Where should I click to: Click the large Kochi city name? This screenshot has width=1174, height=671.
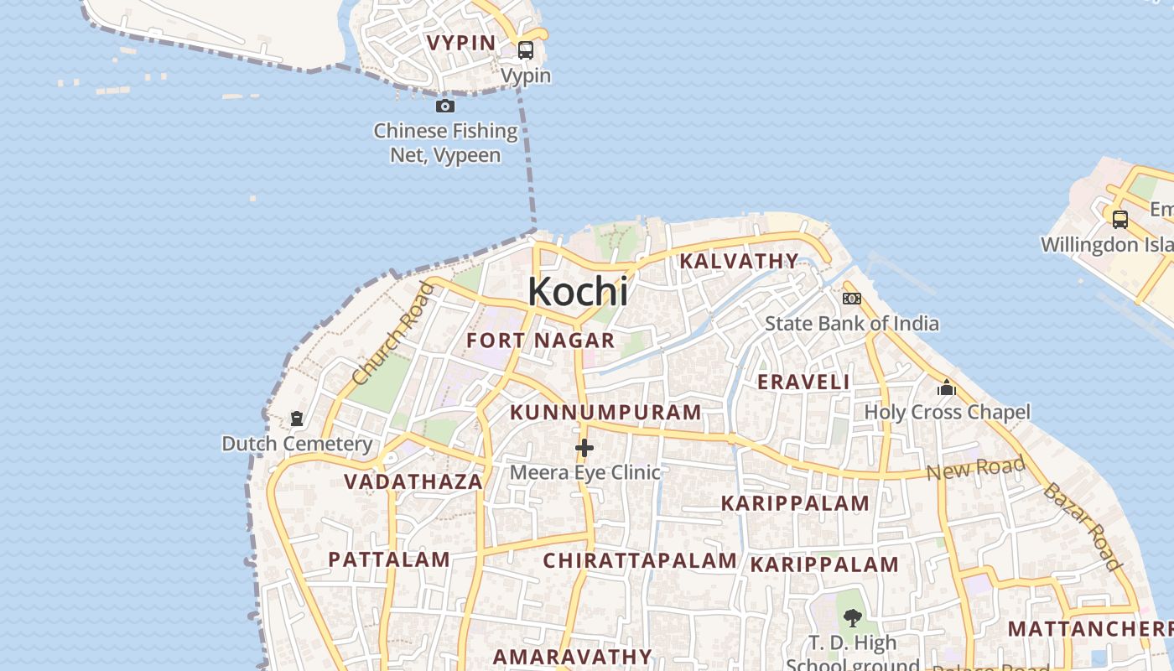(578, 291)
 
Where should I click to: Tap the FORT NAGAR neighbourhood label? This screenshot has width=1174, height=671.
(541, 341)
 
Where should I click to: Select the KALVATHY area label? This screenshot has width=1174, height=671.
(739, 261)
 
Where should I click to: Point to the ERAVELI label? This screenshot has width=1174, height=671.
(803, 382)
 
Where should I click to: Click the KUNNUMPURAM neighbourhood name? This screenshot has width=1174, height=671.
(605, 413)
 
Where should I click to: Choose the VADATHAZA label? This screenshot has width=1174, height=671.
(413, 481)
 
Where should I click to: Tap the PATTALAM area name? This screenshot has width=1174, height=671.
(389, 559)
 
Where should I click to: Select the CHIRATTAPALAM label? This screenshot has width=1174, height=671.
(640, 560)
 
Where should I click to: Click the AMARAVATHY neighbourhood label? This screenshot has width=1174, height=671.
(572, 656)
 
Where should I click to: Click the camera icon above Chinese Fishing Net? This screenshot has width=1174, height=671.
(445, 106)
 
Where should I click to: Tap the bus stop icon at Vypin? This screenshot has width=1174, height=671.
(526, 49)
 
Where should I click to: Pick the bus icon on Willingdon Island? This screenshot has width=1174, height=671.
(1120, 220)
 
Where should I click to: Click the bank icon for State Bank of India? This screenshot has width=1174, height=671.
(852, 299)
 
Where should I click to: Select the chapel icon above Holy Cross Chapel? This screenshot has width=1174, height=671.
(947, 388)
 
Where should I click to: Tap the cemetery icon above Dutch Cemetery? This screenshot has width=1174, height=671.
(297, 418)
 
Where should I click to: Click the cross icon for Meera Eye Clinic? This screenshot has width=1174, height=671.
(584, 449)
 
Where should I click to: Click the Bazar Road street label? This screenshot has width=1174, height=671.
(1082, 527)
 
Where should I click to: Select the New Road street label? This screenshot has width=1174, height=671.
(975, 468)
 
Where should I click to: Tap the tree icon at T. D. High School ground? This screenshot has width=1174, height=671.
(853, 619)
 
